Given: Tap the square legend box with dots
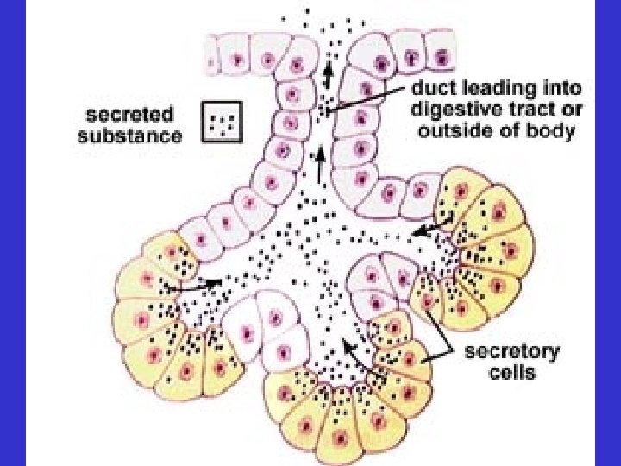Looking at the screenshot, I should point(223,123).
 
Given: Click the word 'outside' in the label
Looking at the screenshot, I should point(449,132).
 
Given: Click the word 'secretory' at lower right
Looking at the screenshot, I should point(511,352).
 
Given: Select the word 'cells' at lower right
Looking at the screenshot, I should point(511,372).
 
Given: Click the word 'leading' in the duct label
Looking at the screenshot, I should point(494,89).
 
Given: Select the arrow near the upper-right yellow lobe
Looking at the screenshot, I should point(431,228).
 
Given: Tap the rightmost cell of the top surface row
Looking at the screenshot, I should point(442,57).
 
